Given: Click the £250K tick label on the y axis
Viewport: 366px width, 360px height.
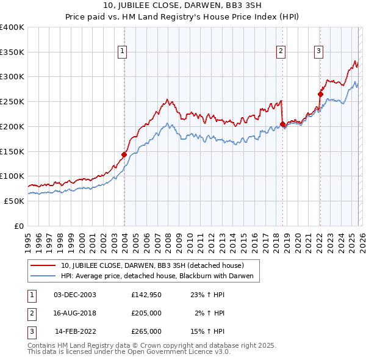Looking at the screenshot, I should [12, 102].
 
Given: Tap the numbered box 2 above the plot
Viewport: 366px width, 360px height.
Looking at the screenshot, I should [281, 52].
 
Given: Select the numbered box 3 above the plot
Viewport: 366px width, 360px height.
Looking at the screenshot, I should [319, 52].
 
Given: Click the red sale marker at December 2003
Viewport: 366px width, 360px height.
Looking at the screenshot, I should [124, 154].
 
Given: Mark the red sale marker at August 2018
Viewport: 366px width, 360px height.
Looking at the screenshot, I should [282, 124].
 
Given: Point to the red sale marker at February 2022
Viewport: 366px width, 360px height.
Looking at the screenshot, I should [320, 94].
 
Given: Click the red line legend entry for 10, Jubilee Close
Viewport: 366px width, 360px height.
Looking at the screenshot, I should [152, 265].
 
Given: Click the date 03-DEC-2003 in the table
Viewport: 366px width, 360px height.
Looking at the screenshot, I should [75, 295].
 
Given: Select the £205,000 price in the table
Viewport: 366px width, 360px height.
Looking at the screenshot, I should [146, 313].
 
